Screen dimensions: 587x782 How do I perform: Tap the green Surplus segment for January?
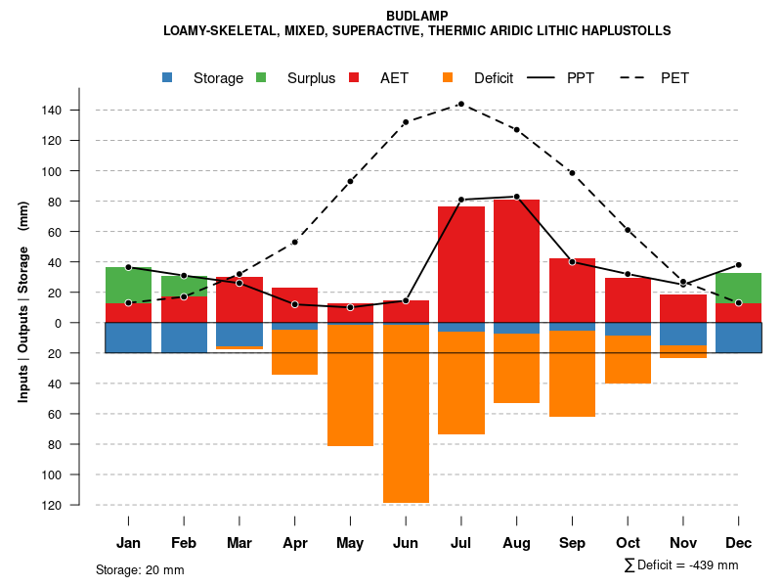(x=128, y=285)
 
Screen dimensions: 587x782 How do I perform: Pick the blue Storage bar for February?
(x=184, y=338)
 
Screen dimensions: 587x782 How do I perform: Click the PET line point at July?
(x=460, y=104)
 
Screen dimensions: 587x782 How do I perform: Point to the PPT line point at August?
(x=516, y=197)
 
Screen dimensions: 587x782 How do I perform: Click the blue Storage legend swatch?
(x=168, y=77)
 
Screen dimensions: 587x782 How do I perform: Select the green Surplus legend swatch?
(x=262, y=77)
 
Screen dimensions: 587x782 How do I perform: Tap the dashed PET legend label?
(x=674, y=78)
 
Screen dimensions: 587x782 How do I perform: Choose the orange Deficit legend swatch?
(x=448, y=77)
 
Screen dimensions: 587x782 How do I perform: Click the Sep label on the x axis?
(x=572, y=543)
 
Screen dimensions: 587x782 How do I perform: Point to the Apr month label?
(x=294, y=543)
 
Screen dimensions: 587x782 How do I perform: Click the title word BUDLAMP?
(x=417, y=16)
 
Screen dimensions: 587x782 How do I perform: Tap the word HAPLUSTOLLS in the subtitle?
(x=622, y=31)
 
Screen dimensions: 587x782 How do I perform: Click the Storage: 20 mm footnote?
(x=140, y=569)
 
